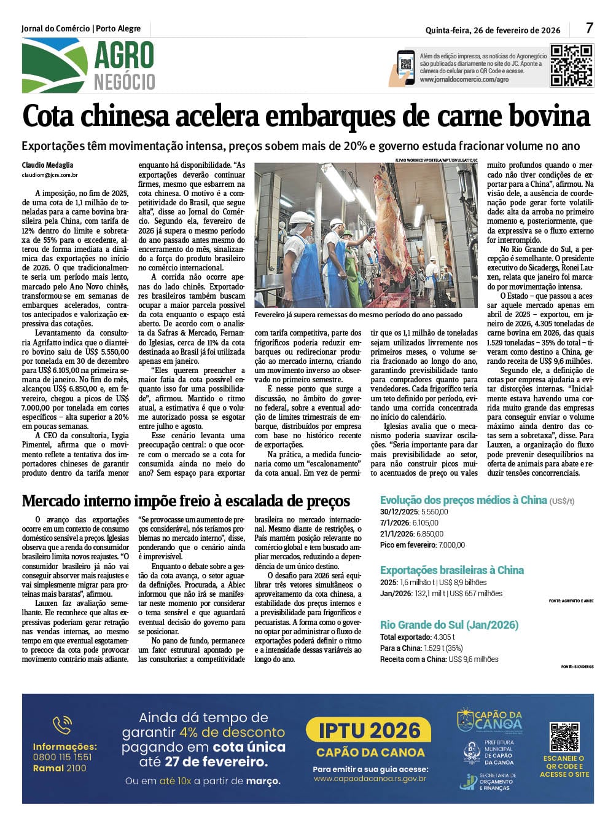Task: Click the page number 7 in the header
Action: (x=589, y=28)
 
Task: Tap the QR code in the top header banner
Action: (x=571, y=65)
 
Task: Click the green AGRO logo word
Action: (x=123, y=57)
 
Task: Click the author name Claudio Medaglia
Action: (x=47, y=165)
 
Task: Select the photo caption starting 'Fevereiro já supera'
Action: (x=358, y=315)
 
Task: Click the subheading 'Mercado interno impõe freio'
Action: (x=185, y=501)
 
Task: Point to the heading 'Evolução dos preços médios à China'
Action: (x=463, y=500)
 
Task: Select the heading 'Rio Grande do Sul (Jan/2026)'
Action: (x=449, y=625)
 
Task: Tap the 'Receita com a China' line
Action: (x=439, y=659)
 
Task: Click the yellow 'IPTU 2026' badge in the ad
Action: (x=369, y=731)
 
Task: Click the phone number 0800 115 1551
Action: (x=62, y=757)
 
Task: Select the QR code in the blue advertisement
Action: (x=564, y=736)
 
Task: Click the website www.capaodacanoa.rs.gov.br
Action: (x=370, y=779)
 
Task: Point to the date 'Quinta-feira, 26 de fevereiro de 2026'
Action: (x=493, y=29)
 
